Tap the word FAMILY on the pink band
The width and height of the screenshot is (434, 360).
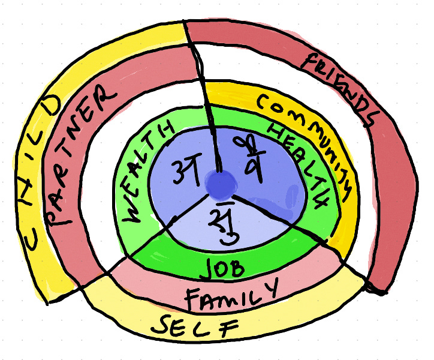tap(231, 295)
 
